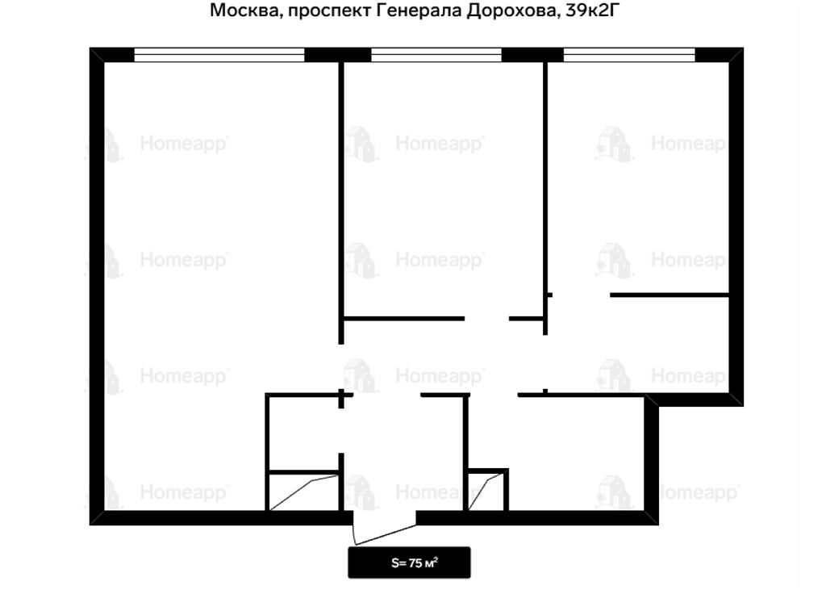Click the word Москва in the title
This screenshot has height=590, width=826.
click(x=244, y=10)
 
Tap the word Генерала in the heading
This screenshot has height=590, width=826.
click(x=419, y=10)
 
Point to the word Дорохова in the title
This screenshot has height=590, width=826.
click(x=512, y=10)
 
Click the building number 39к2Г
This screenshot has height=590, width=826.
click(x=590, y=10)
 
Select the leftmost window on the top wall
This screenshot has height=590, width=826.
click(x=219, y=55)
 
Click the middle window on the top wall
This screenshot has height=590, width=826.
click(x=436, y=55)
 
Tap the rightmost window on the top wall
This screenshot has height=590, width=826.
click(x=629, y=55)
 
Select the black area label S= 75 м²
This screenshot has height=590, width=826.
click(x=409, y=563)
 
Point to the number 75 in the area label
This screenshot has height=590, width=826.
click(x=415, y=563)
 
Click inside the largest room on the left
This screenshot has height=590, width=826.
click(x=211, y=264)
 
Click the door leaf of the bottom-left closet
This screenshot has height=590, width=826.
click(x=304, y=492)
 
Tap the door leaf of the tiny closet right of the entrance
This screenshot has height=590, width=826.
click(x=486, y=492)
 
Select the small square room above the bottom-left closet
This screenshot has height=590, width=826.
click(x=303, y=433)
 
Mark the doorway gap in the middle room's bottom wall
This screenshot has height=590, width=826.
click(x=486, y=319)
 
